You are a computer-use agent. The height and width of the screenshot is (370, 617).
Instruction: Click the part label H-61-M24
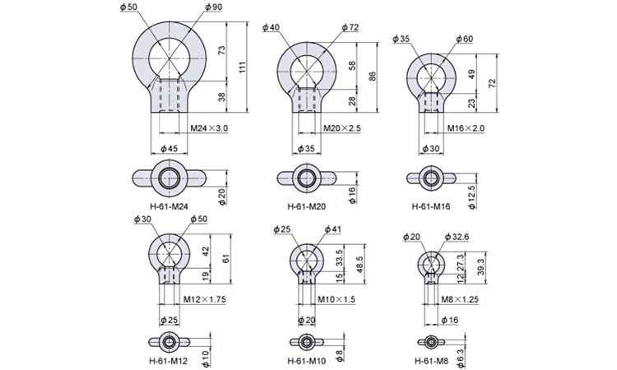pos(169,206)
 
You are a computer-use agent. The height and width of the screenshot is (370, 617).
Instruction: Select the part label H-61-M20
pos(307,206)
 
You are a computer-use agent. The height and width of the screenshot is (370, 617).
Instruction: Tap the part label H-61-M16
pos(431,206)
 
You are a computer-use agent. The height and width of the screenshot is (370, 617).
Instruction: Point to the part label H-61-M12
pos(169,361)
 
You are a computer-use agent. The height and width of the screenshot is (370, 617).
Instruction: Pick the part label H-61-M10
pos(307,361)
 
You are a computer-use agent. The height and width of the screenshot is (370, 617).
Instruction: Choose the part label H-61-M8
pos(431,361)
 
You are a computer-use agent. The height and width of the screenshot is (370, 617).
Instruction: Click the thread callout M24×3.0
pos(209,128)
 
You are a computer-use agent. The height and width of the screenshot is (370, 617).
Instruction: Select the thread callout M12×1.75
pos(205,299)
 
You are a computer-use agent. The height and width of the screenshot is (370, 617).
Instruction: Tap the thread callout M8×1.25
pos(460,299)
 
